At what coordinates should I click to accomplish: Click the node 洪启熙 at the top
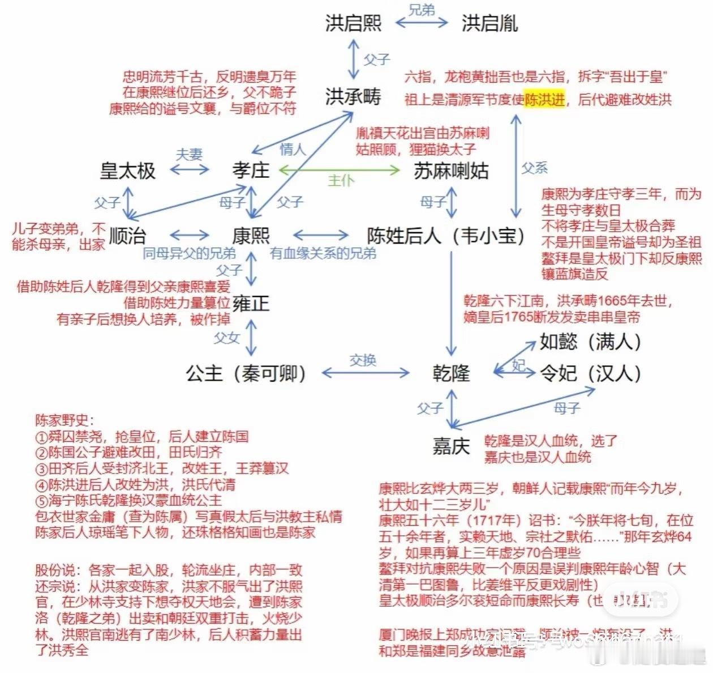pos(353,23)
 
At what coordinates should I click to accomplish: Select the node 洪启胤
pos(489,23)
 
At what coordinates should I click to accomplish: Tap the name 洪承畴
pos(353,97)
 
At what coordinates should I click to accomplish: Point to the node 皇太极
pos(127,171)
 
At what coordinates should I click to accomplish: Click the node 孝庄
pos(251,170)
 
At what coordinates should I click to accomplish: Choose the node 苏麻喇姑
pos(451,171)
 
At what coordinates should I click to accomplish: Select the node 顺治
pos(127,236)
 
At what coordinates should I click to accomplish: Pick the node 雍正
pos(251,304)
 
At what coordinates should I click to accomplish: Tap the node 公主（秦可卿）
pos(246,373)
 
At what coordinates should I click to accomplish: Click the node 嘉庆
pos(451,446)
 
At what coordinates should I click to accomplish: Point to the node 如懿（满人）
pos(590,342)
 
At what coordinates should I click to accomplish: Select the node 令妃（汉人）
pos(590,373)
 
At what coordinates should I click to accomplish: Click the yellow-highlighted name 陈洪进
pos(544,100)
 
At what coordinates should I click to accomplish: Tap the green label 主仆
pos(341,181)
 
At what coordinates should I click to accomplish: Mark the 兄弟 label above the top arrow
pos(422,10)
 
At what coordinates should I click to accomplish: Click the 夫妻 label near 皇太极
pos(189,155)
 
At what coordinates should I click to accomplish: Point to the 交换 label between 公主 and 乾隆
pos(363,360)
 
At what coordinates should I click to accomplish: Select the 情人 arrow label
pos(293,150)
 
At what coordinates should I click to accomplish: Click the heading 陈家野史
pos(64,420)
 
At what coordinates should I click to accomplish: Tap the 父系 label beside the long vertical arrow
pos(534,168)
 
